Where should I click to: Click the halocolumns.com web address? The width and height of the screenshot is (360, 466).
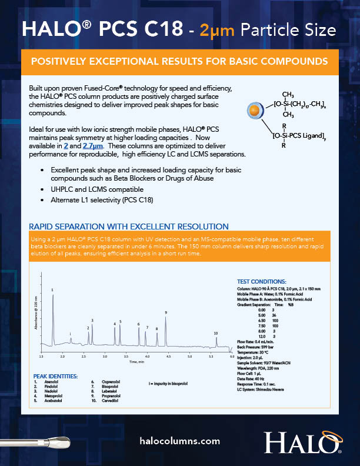181,441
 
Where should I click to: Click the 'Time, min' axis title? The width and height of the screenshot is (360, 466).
136,361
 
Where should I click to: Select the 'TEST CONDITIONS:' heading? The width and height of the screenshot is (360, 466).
261,282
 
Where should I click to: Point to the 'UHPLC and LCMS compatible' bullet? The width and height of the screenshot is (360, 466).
97,190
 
